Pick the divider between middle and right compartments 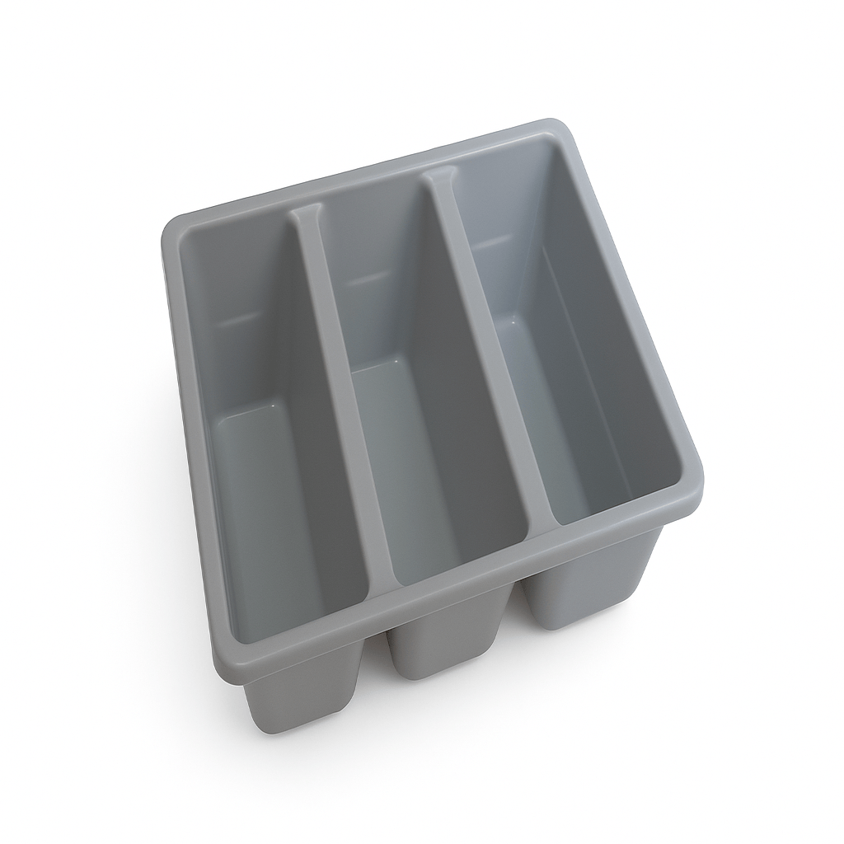pyautogui.click(x=486, y=346)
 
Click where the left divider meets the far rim pyautogui.click(x=306, y=215)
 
